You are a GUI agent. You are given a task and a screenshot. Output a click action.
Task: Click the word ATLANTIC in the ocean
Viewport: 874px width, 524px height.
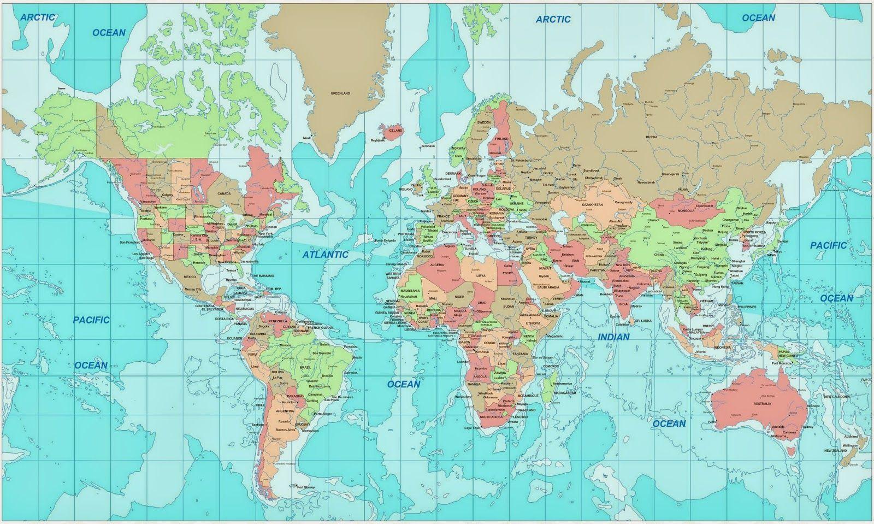click(x=326, y=254)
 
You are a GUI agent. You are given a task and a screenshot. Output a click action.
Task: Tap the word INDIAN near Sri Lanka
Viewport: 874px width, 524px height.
click(x=613, y=337)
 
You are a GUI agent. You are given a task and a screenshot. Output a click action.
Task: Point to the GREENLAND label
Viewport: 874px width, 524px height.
click(x=340, y=93)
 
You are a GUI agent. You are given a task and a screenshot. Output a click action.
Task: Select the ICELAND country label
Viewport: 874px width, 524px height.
click(x=394, y=131)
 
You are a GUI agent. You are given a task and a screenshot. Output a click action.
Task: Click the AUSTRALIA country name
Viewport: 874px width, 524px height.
click(x=762, y=403)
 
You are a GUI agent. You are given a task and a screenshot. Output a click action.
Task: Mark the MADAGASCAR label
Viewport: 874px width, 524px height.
click(x=565, y=393)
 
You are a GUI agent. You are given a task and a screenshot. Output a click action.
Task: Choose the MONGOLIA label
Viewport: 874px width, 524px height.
click(x=686, y=211)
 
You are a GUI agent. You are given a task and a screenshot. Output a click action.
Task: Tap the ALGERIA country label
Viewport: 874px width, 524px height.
click(x=437, y=264)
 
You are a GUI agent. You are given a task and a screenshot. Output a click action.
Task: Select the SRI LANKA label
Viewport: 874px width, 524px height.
click(x=642, y=321)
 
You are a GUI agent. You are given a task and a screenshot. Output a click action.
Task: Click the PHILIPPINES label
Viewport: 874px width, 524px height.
click(x=747, y=307)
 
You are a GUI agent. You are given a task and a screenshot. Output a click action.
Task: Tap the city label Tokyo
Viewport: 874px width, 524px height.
click(x=778, y=251)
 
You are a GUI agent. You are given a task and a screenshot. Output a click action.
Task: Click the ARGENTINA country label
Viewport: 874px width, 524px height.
click(x=285, y=410)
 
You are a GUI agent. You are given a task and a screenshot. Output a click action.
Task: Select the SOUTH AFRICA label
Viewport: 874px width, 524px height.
click(x=491, y=416)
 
